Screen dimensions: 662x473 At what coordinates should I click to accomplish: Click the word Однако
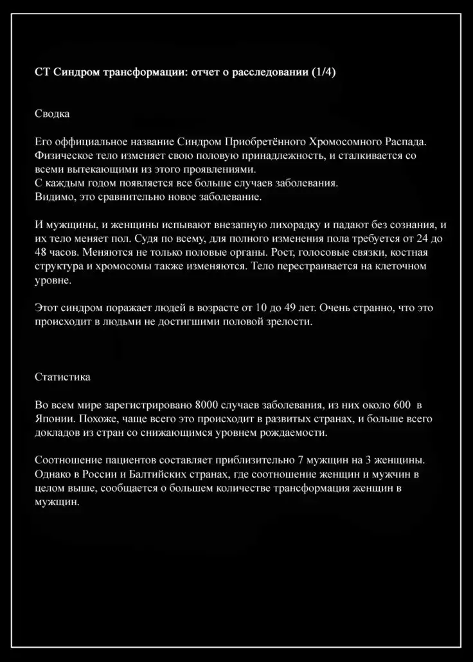tap(53, 475)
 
